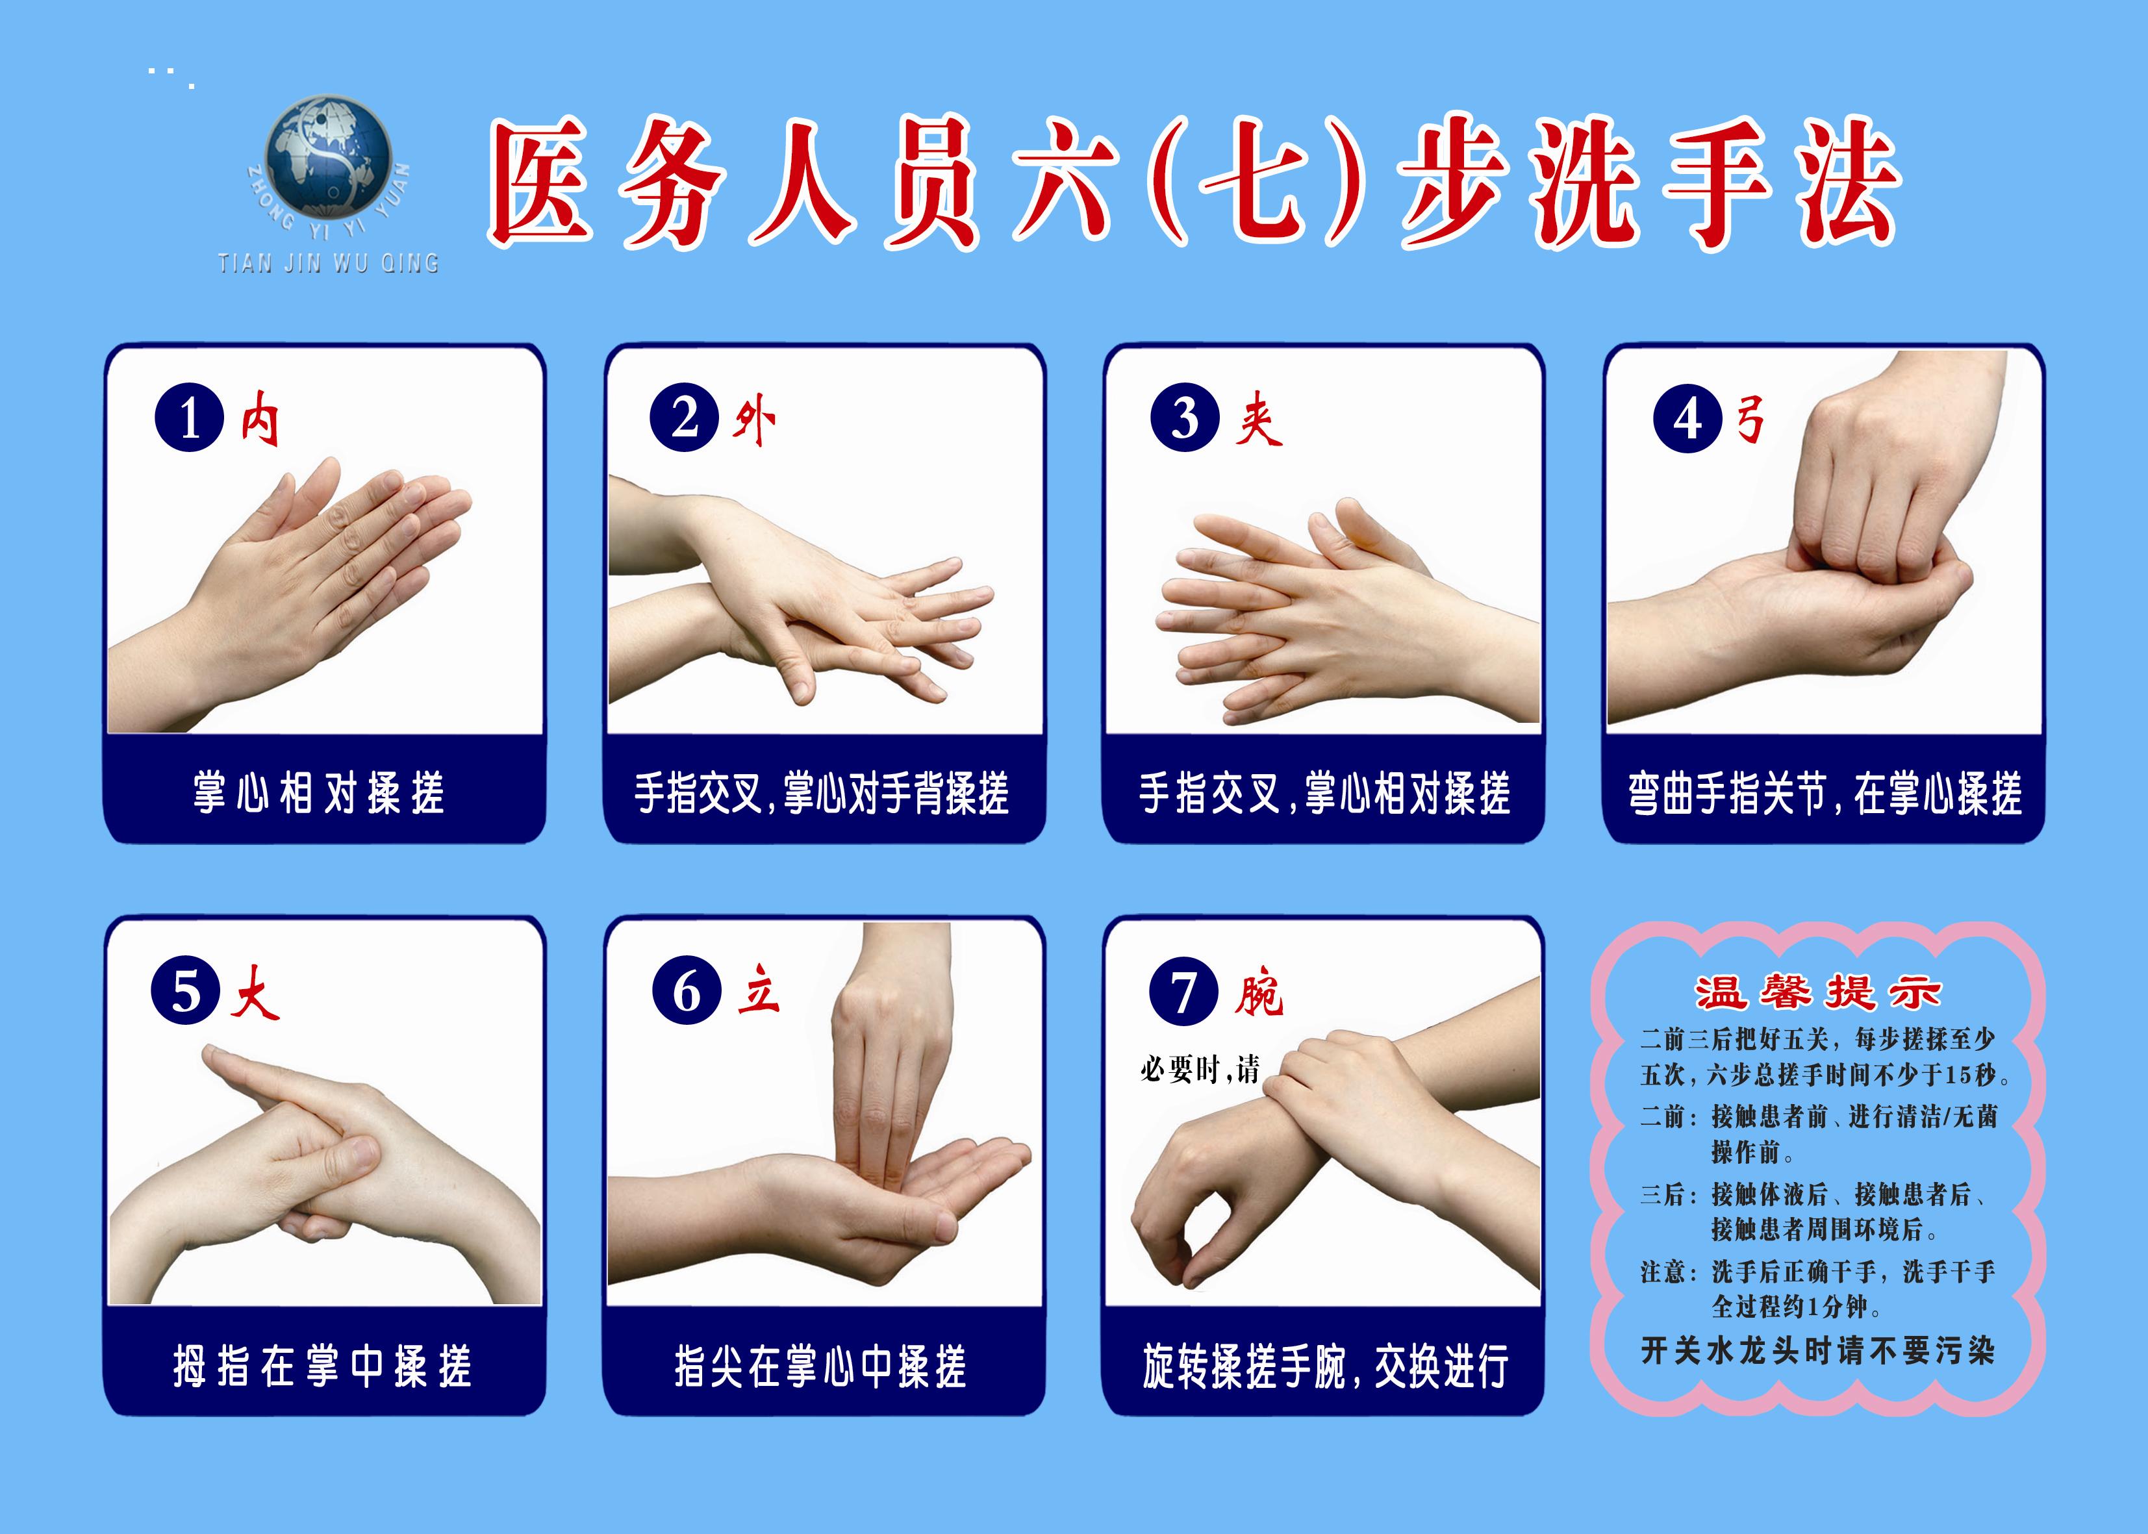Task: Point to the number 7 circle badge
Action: [x=1183, y=991]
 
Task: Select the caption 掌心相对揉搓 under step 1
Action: [x=320, y=792]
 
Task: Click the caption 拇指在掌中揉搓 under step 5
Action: [x=322, y=1366]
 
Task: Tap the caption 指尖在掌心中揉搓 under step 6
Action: [x=821, y=1366]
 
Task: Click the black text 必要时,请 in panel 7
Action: [x=1200, y=1069]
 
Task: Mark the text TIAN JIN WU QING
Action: [x=329, y=262]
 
